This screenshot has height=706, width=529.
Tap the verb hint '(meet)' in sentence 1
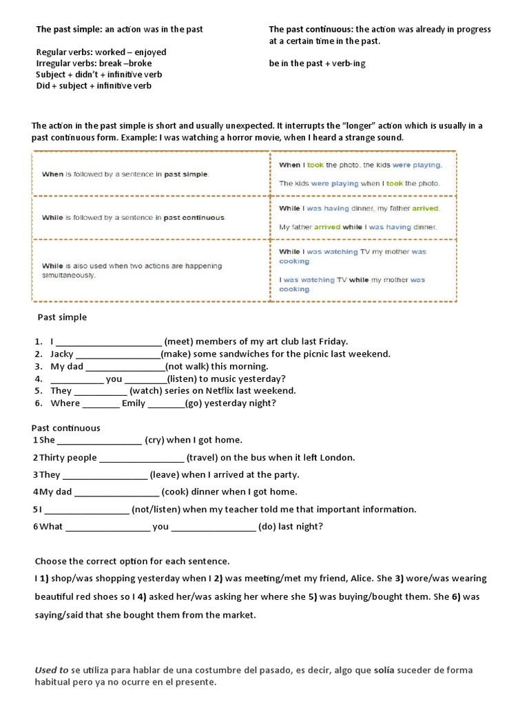point(180,341)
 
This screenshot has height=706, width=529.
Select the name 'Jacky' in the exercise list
point(62,354)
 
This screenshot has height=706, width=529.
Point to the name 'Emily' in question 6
point(134,403)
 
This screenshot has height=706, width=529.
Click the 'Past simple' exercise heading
point(62,317)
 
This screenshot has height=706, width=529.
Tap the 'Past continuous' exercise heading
point(66,428)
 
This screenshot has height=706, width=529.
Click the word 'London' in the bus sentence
point(338,457)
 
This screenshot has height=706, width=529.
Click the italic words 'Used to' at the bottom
point(52,670)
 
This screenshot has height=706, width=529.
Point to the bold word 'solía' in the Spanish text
point(384,670)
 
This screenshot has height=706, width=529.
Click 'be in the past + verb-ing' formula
point(317,63)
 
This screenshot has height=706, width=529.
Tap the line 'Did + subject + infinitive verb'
point(94,85)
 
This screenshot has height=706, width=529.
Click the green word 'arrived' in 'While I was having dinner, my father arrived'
point(425,208)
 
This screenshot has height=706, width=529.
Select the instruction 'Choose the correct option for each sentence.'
point(132,561)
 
